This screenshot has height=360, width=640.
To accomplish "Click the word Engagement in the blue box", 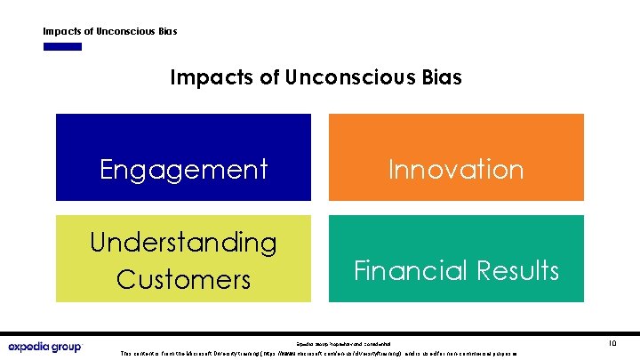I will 183,169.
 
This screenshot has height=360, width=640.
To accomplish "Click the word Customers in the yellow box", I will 183,279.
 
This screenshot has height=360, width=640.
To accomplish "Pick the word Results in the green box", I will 519,269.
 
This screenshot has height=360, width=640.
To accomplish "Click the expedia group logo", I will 44,347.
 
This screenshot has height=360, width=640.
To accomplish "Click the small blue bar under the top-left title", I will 62,46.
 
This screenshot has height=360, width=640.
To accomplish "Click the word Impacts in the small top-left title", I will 62,31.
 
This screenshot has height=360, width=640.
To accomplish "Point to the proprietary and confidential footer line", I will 343,342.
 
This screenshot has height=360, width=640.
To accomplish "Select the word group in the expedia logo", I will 64,347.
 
